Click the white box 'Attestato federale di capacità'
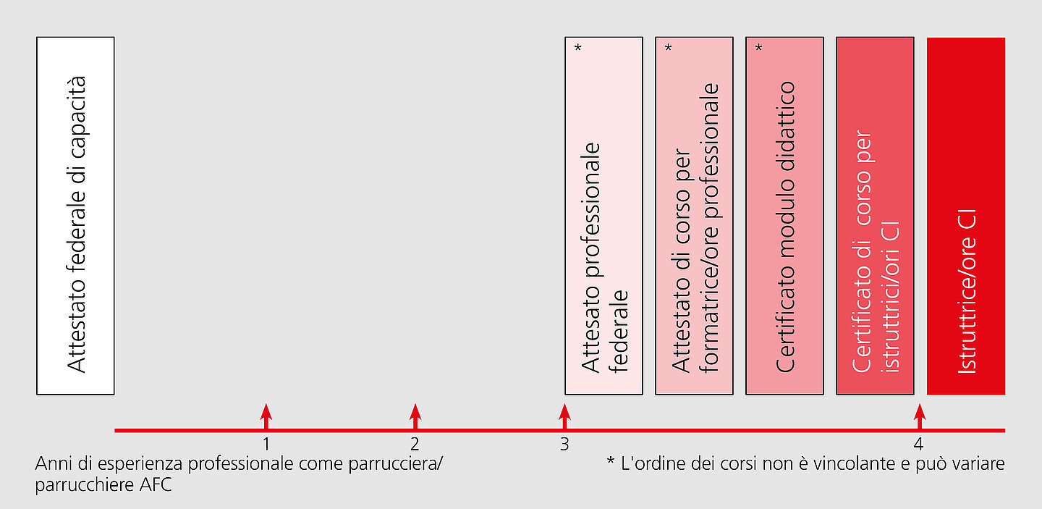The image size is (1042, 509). coord(75,216)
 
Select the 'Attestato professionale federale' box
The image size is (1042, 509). coord(603,216)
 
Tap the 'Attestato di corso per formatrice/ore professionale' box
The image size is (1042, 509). coord(694,216)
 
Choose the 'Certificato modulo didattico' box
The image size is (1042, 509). coord(784,216)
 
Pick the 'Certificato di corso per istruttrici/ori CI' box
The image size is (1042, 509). coord(875,216)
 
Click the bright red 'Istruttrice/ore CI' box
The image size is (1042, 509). coord(966,216)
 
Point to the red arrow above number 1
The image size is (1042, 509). coord(266,416)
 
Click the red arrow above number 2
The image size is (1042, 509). coord(415,416)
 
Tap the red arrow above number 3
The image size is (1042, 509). coord(564,416)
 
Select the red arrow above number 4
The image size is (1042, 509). coord(920,416)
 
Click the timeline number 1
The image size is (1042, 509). coord(266,445)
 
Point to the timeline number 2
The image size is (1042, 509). coord(415,445)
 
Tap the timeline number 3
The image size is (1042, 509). coord(564,445)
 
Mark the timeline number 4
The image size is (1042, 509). coord(918,445)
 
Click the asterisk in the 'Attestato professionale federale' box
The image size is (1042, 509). coord(577,48)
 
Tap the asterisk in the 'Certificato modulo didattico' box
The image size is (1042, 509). coord(758,48)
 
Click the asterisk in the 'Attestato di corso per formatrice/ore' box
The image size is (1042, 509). coord(669,48)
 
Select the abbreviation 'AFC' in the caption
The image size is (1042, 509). coord(156,485)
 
